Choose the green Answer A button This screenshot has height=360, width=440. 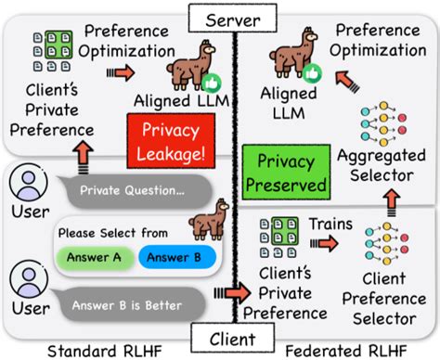tap(95, 257)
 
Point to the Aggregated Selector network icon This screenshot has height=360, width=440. tap(388, 123)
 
